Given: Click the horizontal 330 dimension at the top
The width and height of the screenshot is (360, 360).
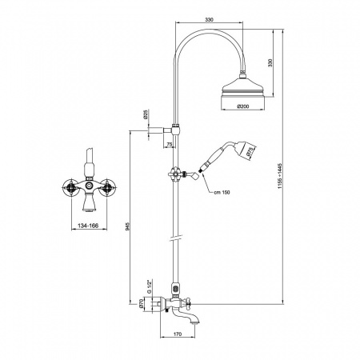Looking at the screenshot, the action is (210, 20).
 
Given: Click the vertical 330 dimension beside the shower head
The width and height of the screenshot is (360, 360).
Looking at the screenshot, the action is (270, 63).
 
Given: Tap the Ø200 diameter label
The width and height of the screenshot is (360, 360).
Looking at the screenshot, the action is (243, 106).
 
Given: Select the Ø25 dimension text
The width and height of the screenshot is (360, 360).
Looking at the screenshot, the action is (146, 114).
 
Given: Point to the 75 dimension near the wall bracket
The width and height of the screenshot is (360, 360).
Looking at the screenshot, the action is (169, 144).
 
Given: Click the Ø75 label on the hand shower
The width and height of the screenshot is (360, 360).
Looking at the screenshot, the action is (250, 152).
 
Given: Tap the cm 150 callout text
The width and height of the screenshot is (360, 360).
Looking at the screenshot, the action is (222, 192).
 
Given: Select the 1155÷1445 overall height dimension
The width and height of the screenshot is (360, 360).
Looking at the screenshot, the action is (280, 176).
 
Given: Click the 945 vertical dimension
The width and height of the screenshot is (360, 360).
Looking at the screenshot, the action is (127, 226).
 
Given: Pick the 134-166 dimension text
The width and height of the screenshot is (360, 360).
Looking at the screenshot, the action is (88, 226).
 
